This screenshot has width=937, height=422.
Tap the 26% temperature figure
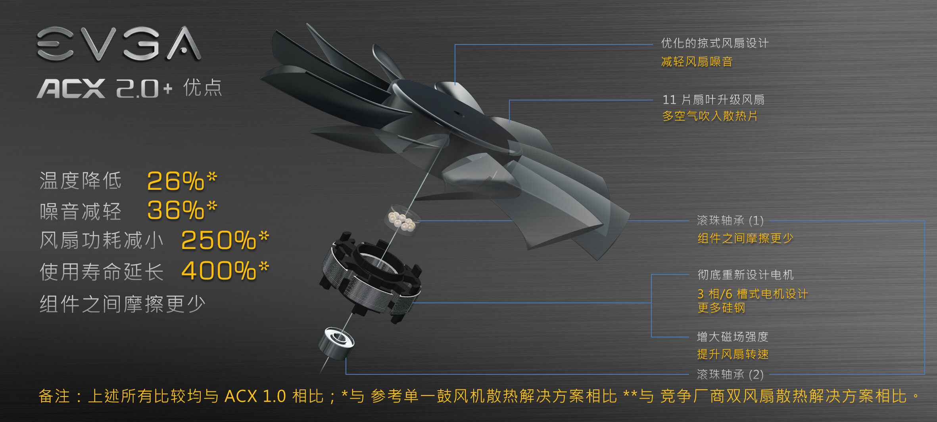coord(182,181)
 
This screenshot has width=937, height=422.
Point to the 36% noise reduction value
coord(182,210)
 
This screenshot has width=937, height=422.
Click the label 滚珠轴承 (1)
coord(730,220)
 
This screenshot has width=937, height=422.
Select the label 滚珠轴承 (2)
coord(730,374)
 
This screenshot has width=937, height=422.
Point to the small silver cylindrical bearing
coord(336,343)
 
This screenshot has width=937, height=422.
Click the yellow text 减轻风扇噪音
coord(697,62)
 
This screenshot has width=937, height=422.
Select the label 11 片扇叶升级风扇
coord(713,100)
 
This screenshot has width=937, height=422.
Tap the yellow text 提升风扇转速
coord(733,354)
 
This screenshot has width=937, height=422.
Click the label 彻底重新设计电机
coord(745,275)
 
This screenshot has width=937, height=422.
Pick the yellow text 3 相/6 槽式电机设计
coord(753,294)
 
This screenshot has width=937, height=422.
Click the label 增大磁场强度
coord(733,337)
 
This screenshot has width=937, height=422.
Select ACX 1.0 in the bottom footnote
coord(255,396)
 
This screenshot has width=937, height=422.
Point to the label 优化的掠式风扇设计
coord(715,43)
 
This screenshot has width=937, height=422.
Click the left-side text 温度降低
coord(81,181)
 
